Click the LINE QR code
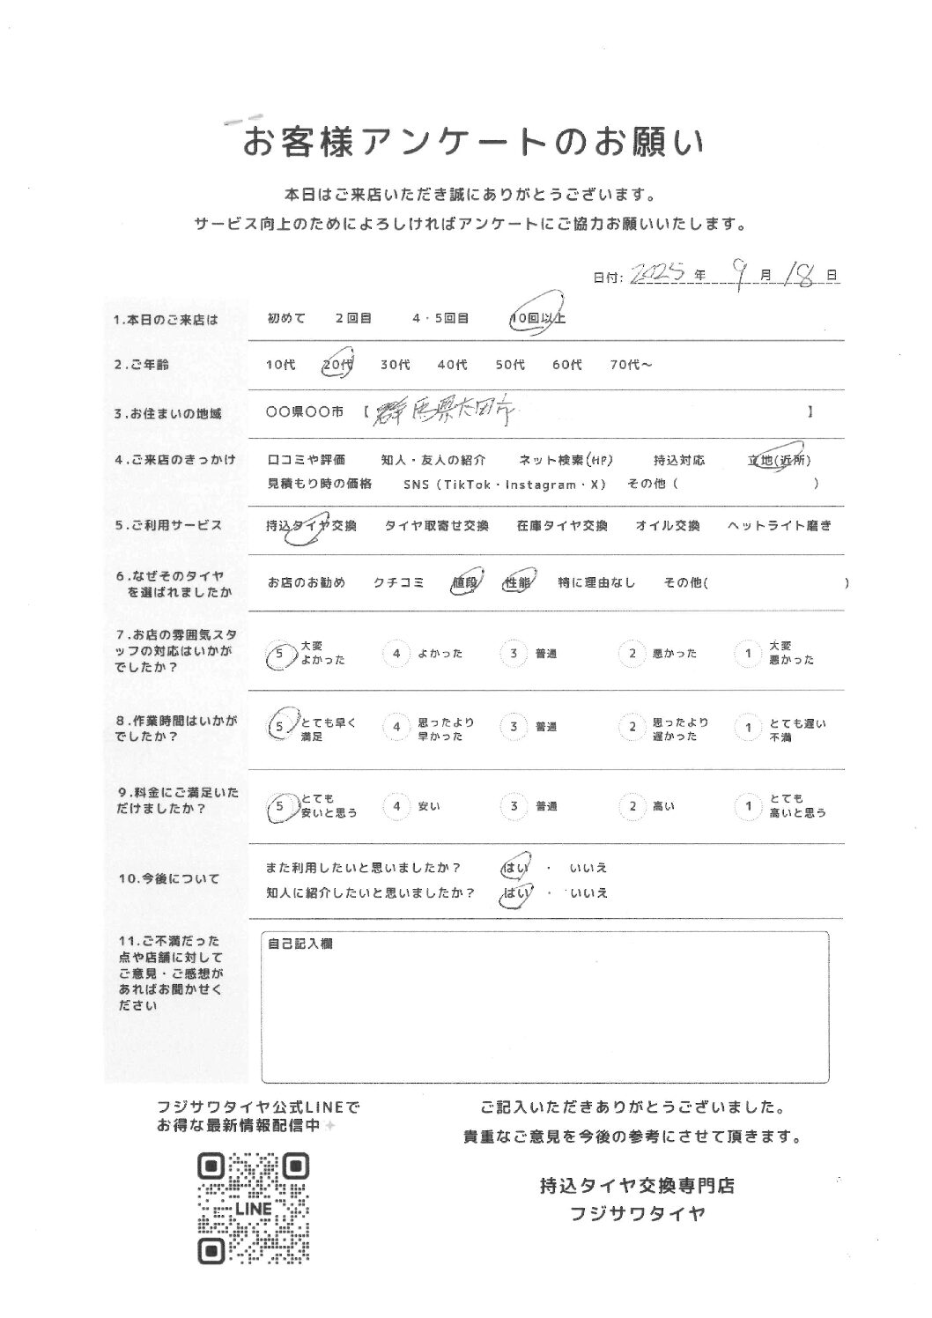click(254, 1208)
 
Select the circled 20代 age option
click(336, 365)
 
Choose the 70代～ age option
click(631, 365)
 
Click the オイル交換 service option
click(668, 526)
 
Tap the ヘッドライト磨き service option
click(779, 526)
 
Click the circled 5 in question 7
click(278, 654)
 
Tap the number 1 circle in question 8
click(747, 727)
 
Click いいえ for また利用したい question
click(588, 868)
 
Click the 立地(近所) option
click(779, 460)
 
